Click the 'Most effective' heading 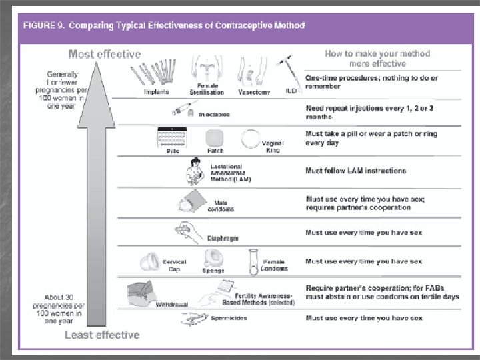tap(105, 53)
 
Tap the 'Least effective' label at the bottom tap(102, 334)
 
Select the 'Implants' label tap(157, 92)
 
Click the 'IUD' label tap(291, 91)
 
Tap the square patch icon tap(215, 137)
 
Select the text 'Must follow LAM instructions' tap(355, 171)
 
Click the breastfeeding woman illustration tap(198, 172)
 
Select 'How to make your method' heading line tap(377, 54)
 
